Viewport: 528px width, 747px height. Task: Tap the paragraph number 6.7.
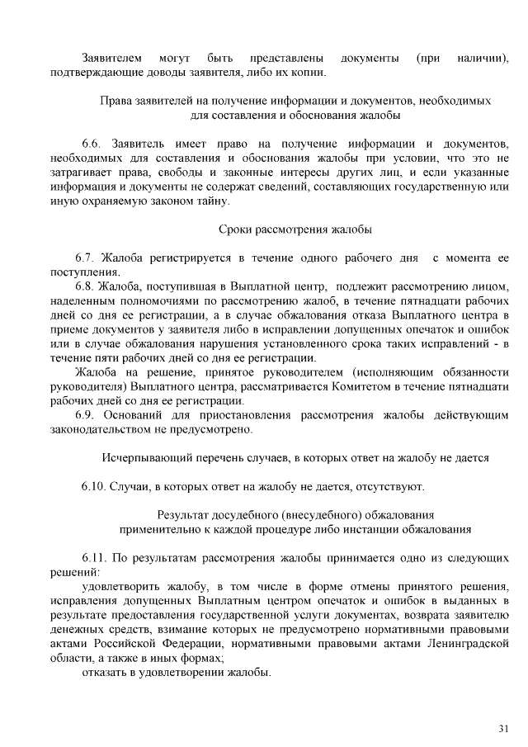pyautogui.click(x=85, y=258)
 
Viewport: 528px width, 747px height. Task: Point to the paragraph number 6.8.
pyautogui.click(x=85, y=286)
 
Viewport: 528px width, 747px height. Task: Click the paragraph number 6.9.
pyautogui.click(x=85, y=414)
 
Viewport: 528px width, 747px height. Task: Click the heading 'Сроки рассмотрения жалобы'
pyautogui.click(x=295, y=228)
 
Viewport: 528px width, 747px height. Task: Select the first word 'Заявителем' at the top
pyautogui.click(x=113, y=59)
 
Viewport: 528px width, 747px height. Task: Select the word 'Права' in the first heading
pyautogui.click(x=117, y=101)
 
